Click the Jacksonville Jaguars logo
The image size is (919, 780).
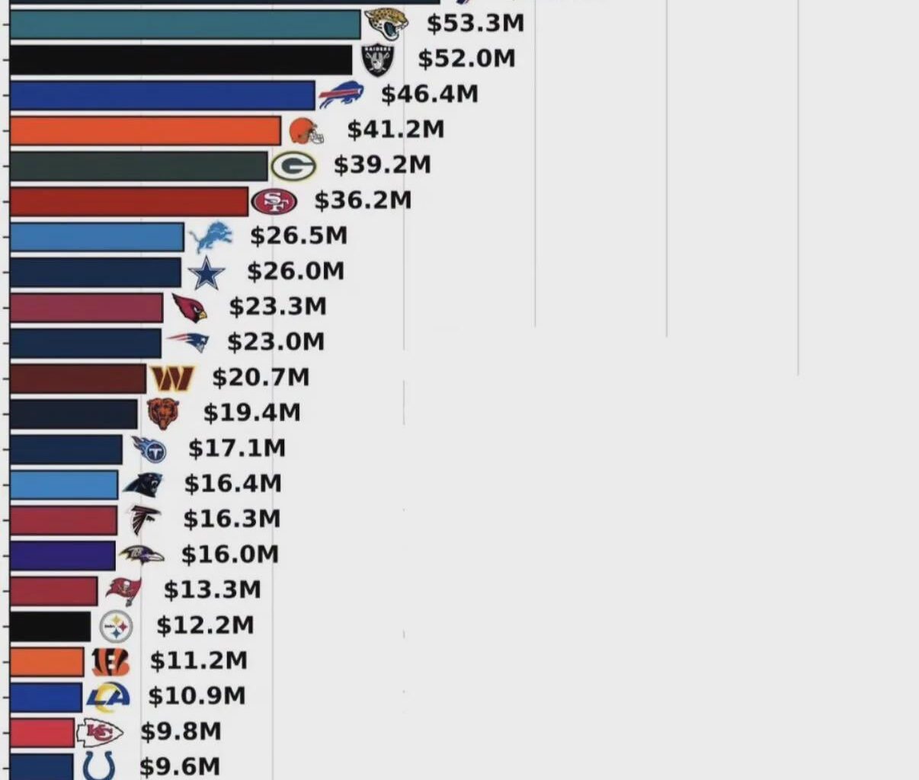(x=387, y=24)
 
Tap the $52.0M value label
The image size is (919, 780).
(x=466, y=59)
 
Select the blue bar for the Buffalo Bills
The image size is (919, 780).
(x=162, y=94)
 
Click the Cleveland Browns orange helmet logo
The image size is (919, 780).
(x=306, y=131)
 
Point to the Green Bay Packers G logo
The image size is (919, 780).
(x=293, y=165)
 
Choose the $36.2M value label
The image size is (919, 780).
(x=363, y=200)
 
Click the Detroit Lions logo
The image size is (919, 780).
(x=210, y=237)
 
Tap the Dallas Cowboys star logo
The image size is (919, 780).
(x=207, y=273)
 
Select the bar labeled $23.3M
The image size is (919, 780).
(x=86, y=308)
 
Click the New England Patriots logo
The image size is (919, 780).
(x=188, y=342)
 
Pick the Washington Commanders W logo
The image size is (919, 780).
(x=171, y=378)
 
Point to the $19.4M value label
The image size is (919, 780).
(x=251, y=413)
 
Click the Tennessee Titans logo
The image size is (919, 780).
(x=149, y=449)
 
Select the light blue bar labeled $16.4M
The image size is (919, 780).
(x=64, y=484)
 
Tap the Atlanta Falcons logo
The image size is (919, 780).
(x=144, y=519)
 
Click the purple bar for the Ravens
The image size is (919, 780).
(x=62, y=555)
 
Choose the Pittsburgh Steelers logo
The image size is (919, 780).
(x=116, y=627)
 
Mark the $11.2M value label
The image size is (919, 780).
(x=198, y=660)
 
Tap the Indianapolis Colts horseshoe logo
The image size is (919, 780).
(x=99, y=766)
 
